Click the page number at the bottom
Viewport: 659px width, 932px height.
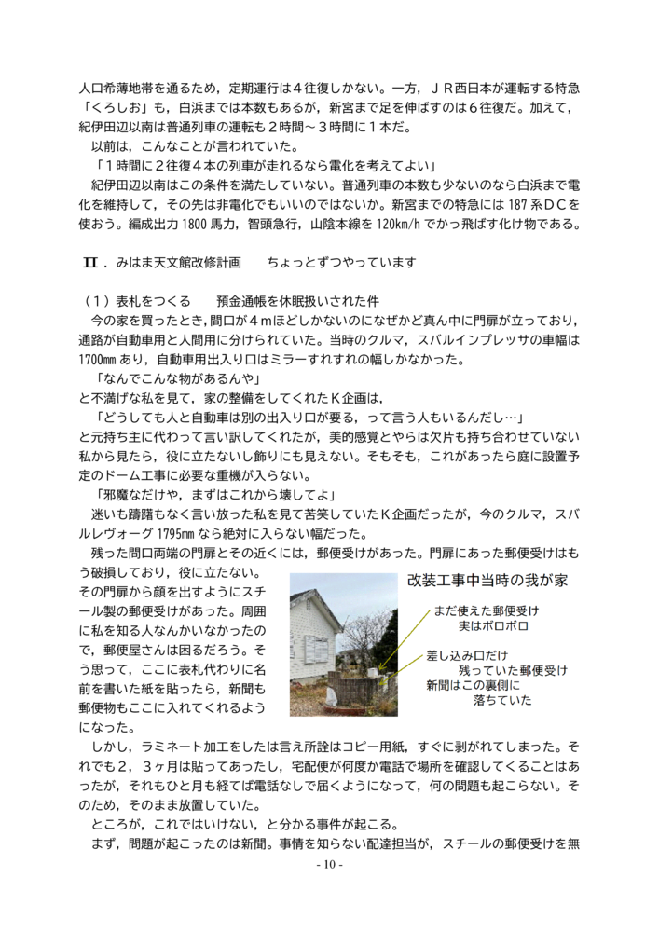click(329, 865)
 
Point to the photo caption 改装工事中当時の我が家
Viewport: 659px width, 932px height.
click(487, 580)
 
